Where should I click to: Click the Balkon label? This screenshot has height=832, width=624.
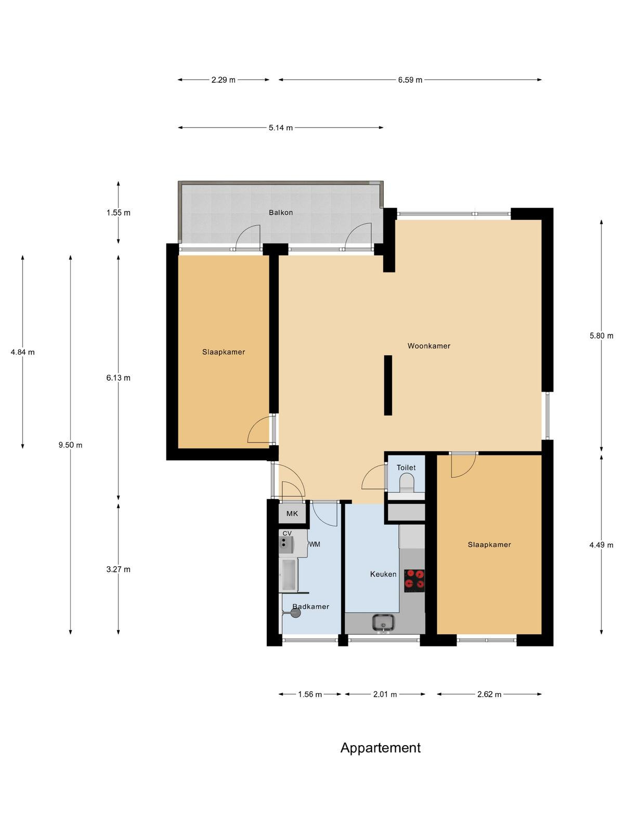tap(281, 213)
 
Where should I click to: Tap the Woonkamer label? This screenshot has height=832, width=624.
tap(429, 346)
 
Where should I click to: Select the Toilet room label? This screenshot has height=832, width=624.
tap(406, 467)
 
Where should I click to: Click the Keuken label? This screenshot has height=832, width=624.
tap(383, 574)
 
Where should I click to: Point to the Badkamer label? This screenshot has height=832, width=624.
tap(310, 607)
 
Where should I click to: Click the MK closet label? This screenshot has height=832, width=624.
tap(292, 514)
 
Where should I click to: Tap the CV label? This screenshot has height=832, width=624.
tap(287, 534)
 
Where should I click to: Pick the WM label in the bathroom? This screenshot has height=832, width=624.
tap(315, 544)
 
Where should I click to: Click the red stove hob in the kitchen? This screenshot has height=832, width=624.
tap(414, 581)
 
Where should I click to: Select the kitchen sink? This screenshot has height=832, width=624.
tap(384, 623)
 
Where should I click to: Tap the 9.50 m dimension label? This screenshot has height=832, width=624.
tap(71, 445)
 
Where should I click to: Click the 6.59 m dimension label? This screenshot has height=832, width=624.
tap(410, 80)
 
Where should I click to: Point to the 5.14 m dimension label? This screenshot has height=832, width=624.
tap(281, 128)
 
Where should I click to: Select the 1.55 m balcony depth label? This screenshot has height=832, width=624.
tap(118, 213)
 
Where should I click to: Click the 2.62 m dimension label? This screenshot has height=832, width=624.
tap(489, 694)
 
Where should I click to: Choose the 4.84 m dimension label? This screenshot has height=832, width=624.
tap(23, 352)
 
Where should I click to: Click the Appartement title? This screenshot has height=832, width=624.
tap(381, 748)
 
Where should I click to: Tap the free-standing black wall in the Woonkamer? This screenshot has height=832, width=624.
tap(388, 385)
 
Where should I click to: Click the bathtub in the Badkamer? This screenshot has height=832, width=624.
tap(289, 575)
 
